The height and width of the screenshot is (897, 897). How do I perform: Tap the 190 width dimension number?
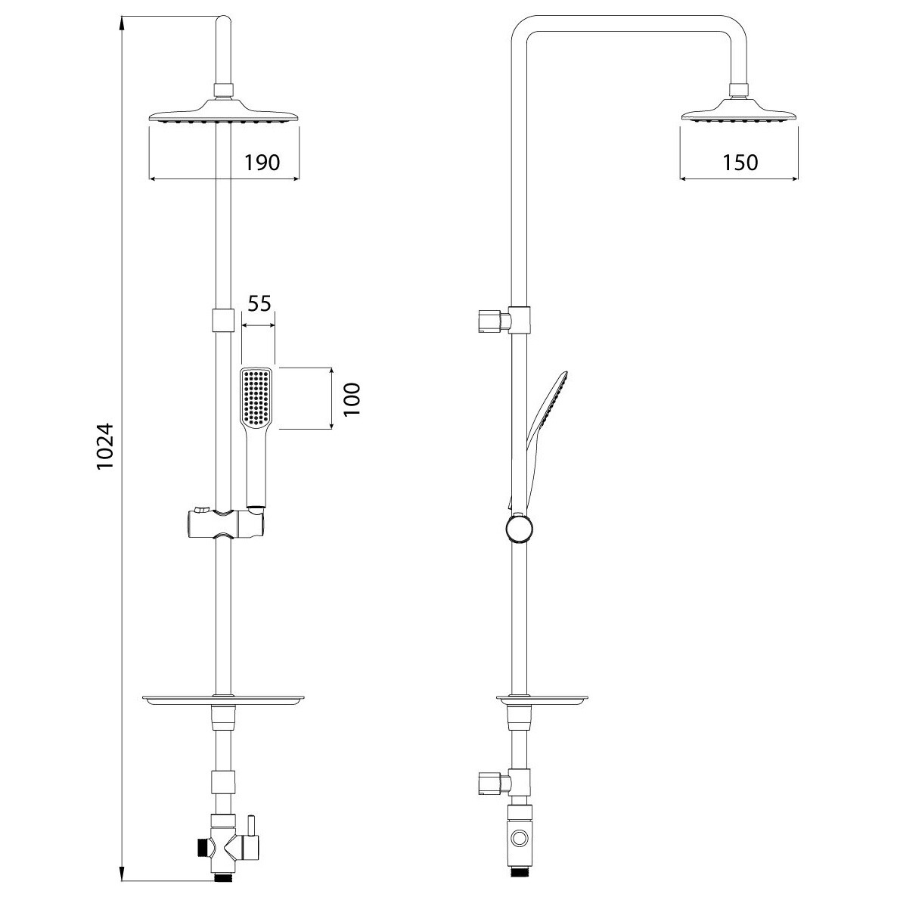tap(262, 163)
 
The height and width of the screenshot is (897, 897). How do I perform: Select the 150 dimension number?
tap(740, 163)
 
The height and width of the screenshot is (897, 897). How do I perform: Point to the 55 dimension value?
tap(259, 303)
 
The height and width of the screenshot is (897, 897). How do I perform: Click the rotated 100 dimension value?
tap(352, 399)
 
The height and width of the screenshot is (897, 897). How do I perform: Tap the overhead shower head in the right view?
tap(739, 110)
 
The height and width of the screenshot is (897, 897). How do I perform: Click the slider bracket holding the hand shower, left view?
tap(225, 523)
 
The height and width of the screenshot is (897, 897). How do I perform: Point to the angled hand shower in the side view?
tap(540, 436)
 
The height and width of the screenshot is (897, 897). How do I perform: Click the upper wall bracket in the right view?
tap(504, 321)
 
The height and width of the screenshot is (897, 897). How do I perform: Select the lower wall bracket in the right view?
tap(504, 783)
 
